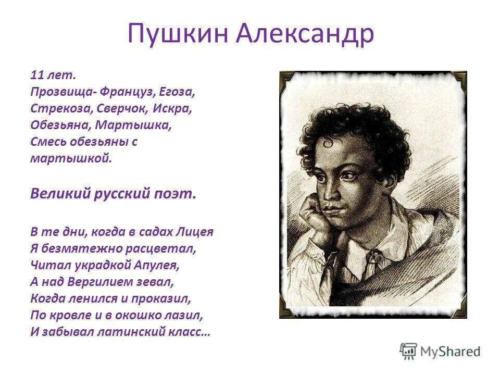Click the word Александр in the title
coord(305,34)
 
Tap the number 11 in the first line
coord(36,76)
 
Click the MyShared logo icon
coord(408,351)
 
